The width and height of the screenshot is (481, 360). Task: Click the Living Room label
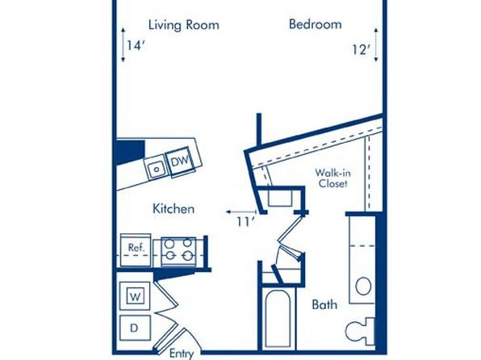(184, 25)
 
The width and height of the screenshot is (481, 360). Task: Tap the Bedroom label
(316, 24)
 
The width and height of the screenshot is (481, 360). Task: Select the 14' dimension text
(136, 46)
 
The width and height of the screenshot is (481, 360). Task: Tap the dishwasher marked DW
(180, 161)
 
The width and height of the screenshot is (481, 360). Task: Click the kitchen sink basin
(156, 168)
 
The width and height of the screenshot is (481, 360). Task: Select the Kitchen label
(174, 209)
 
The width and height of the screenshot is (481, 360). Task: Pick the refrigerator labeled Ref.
(136, 250)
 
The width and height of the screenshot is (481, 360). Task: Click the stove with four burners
(178, 251)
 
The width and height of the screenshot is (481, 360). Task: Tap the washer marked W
(135, 296)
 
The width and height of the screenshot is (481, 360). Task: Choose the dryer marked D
(135, 328)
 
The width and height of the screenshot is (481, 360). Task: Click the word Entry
(182, 354)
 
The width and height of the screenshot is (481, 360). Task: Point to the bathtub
(278, 319)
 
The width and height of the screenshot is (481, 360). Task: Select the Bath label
(324, 305)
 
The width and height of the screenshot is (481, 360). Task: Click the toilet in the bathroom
(360, 332)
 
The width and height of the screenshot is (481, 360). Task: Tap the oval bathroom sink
(363, 286)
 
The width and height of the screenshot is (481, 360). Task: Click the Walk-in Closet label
(333, 178)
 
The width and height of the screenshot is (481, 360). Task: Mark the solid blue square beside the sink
(131, 153)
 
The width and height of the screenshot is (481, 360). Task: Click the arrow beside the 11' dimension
(241, 211)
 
